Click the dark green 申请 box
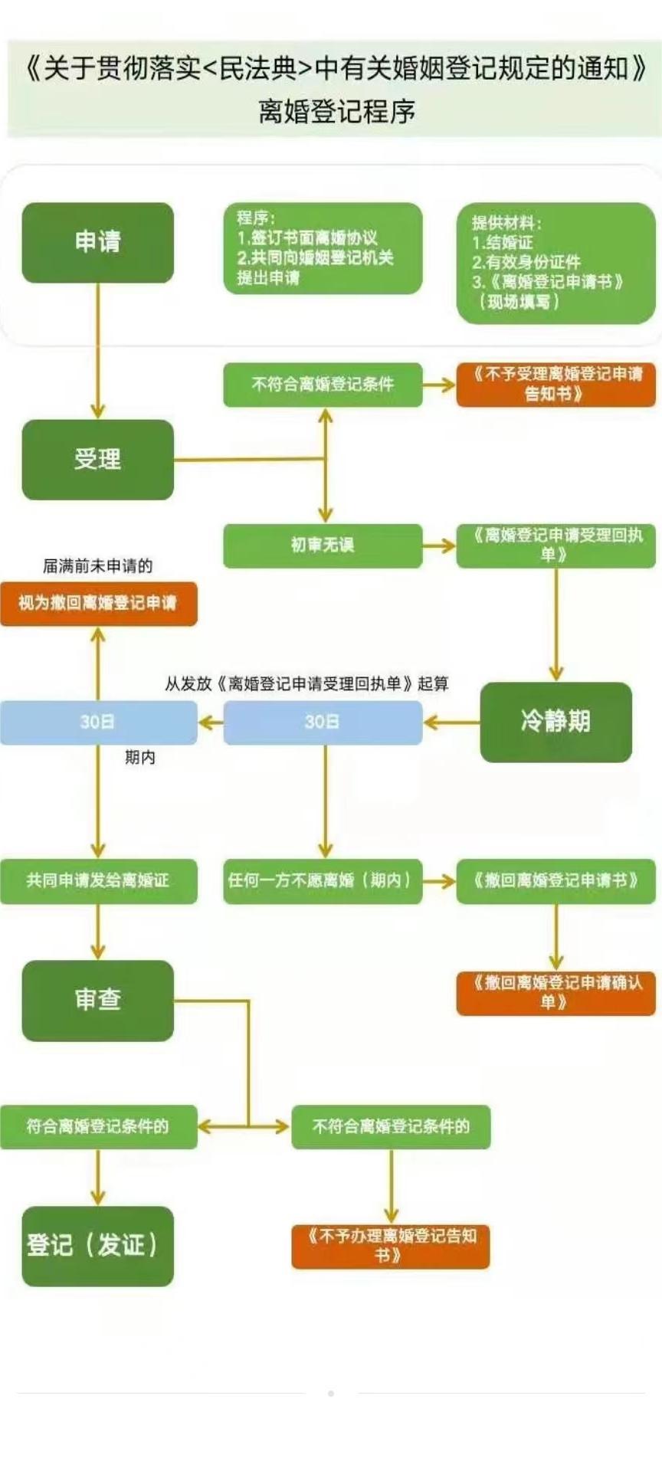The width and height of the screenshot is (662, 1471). (97, 242)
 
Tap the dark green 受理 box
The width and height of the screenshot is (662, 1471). (97, 460)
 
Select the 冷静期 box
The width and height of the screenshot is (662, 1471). (555, 722)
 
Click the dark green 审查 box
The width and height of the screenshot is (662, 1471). (97, 1000)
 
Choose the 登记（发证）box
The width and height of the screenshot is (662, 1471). (97, 1246)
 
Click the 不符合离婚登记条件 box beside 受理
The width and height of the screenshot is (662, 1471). (323, 384)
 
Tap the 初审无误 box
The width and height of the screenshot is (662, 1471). (323, 545)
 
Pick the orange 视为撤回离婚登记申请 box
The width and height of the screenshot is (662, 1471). (98, 604)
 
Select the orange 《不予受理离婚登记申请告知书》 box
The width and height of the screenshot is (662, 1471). (555, 384)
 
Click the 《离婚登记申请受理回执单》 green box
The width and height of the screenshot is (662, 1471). (555, 545)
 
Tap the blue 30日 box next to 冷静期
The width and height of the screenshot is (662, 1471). (323, 722)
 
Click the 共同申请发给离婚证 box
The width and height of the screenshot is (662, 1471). (98, 881)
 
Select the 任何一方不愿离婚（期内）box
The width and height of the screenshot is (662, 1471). (323, 881)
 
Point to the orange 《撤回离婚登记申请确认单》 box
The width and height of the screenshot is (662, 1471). (555, 993)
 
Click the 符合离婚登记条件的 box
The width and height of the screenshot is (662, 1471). (98, 1126)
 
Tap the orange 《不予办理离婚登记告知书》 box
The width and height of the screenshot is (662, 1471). (390, 1246)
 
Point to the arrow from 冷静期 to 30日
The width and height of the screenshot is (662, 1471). (451, 722)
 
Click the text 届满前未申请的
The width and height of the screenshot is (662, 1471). (97, 566)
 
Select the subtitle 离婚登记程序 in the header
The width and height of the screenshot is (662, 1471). (336, 112)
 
